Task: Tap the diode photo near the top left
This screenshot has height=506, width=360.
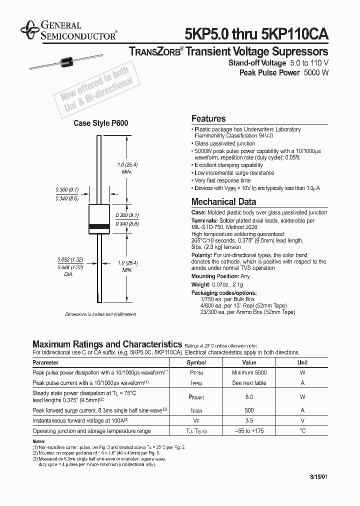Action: click(x=64, y=62)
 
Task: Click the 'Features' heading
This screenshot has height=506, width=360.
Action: click(x=208, y=119)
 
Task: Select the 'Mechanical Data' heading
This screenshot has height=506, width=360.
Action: click(x=223, y=202)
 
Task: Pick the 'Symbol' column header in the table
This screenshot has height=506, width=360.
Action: click(x=196, y=362)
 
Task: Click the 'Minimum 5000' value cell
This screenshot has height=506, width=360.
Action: click(x=249, y=372)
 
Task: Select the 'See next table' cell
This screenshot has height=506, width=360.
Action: click(x=249, y=382)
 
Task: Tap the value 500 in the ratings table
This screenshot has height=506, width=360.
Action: click(x=249, y=410)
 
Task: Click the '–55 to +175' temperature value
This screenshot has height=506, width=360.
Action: click(x=249, y=430)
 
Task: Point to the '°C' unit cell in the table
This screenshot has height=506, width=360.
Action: click(x=302, y=430)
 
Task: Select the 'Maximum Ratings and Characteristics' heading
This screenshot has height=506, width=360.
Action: click(x=106, y=344)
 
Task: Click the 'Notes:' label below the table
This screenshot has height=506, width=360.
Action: click(x=39, y=441)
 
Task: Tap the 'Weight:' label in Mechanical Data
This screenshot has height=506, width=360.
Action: click(x=201, y=284)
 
